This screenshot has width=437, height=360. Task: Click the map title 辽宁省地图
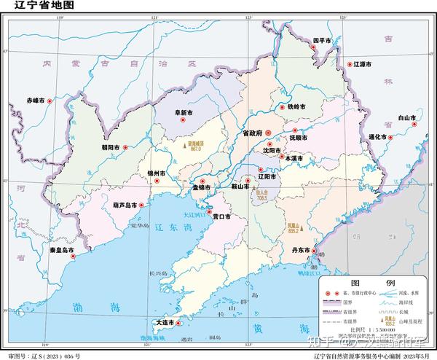pos(34,7)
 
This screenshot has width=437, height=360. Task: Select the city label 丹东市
pos(303,250)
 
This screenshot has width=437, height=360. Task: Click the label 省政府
pos(251,133)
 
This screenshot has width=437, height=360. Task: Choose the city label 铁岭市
pos(296,107)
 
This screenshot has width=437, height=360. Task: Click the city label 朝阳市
pos(113,147)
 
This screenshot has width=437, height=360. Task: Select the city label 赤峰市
pos(36,100)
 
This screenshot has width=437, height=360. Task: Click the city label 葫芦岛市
pos(125,206)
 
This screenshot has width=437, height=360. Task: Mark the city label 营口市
pos(221,216)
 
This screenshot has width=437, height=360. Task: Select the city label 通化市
pos(378,137)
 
